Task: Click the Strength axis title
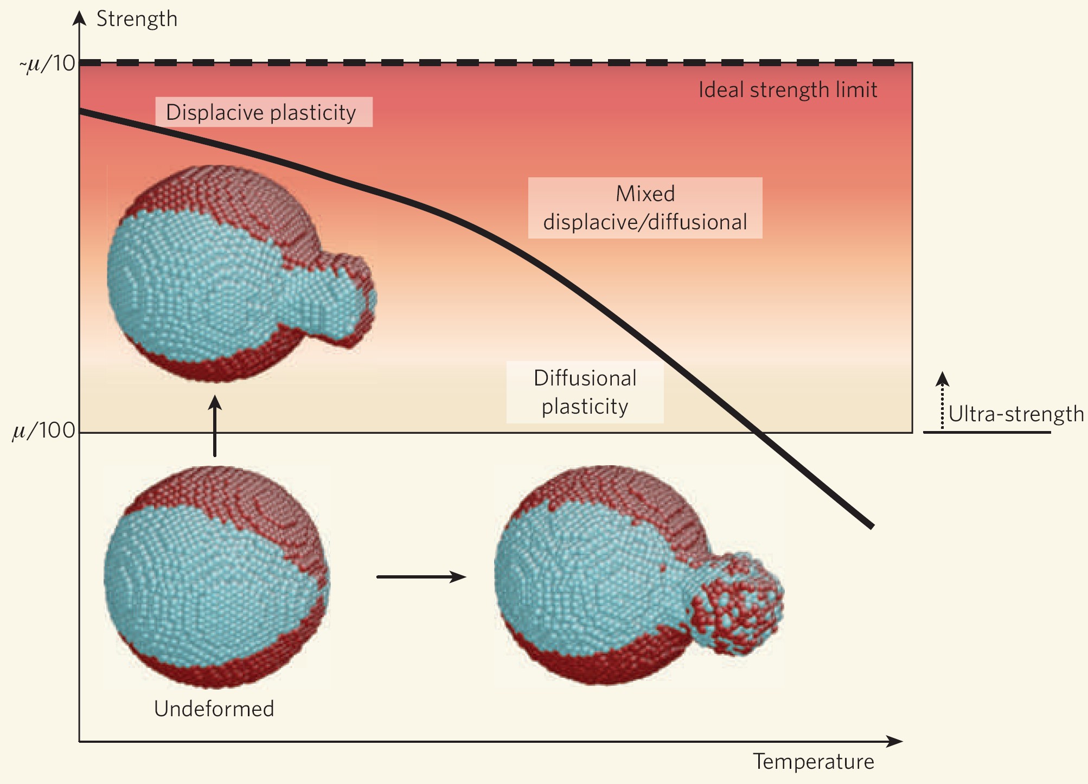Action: (137, 19)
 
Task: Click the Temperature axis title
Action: (813, 762)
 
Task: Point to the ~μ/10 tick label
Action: (48, 64)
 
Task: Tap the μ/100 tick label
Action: (43, 431)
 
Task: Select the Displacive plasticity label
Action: (261, 112)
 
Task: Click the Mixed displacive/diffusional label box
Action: (645, 208)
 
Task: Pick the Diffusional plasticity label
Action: (585, 392)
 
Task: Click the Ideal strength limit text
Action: (788, 90)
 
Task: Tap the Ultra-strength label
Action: (1016, 414)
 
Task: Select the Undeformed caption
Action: (214, 709)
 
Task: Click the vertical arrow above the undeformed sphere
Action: (215, 426)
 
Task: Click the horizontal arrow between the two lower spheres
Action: (421, 577)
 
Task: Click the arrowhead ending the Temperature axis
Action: (895, 741)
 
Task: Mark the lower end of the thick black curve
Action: (872, 525)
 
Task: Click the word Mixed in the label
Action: (645, 194)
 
